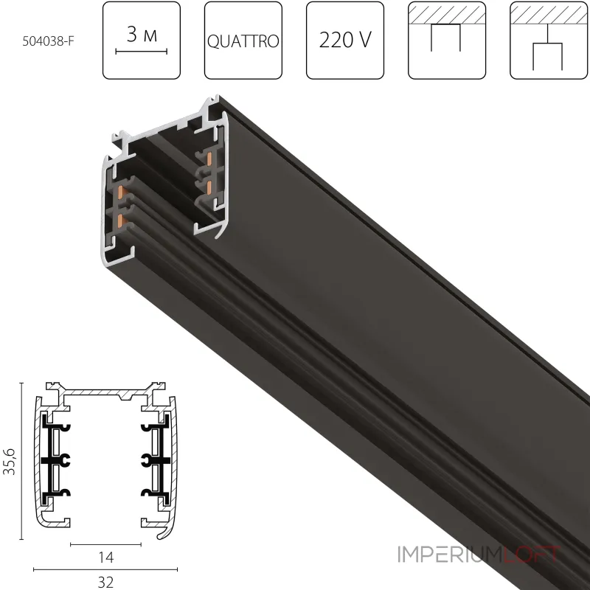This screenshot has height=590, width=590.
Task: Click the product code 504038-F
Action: click(48, 41)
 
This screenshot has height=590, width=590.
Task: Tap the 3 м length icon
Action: click(142, 41)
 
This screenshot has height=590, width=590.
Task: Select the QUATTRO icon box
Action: click(243, 41)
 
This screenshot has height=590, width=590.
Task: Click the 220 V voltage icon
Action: click(345, 41)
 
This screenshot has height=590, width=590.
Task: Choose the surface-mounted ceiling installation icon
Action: click(447, 41)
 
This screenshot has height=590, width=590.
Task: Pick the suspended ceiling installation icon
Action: click(549, 41)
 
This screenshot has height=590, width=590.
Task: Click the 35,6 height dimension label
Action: click(10, 462)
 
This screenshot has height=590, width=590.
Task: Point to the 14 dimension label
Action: click(105, 557)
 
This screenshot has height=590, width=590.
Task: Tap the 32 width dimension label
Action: click(105, 582)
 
